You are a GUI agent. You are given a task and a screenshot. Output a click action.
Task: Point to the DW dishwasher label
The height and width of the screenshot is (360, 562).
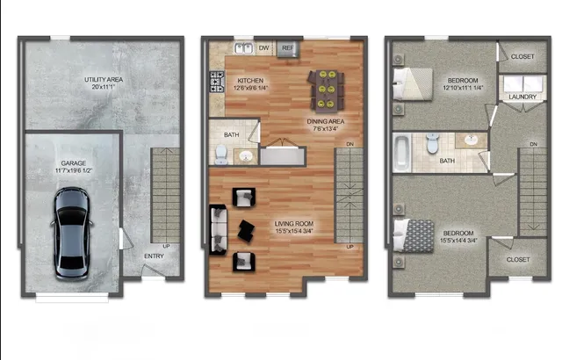(264, 48)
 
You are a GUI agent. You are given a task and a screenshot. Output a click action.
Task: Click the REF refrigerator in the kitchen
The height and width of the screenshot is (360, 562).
(288, 48)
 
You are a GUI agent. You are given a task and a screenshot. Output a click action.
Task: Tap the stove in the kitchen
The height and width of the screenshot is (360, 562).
(215, 82)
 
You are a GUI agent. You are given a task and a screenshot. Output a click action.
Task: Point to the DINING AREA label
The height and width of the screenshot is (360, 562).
(324, 122)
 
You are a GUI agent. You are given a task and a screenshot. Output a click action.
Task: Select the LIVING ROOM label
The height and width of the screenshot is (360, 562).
(295, 225)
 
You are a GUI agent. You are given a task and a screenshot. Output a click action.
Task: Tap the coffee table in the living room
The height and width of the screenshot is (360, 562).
(248, 229)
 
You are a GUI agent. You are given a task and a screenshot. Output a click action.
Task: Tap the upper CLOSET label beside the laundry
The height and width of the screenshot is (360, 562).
(522, 56)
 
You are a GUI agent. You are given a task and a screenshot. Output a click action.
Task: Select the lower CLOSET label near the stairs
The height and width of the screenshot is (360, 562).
(518, 260)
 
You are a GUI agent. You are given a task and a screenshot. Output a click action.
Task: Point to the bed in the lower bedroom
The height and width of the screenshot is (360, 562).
(414, 234)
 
